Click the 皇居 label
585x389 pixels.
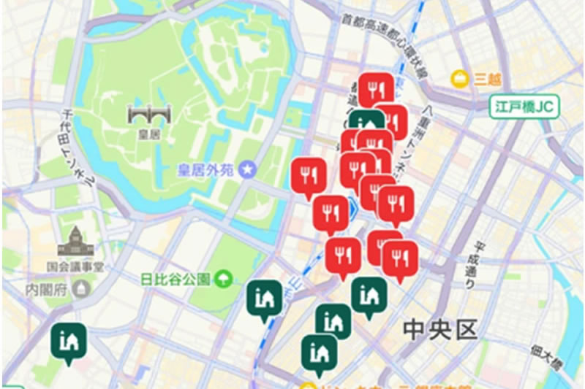[x=148, y=134]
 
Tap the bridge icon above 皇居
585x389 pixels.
[x=148, y=115]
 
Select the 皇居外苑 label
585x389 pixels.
[x=205, y=170]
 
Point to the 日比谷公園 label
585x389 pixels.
[x=176, y=278]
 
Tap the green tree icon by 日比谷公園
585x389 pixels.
[x=223, y=278]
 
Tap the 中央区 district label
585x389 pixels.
[x=440, y=329]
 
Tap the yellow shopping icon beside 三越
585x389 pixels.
[x=460, y=77]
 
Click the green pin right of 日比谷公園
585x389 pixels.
[x=264, y=298]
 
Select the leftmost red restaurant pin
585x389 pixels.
[x=309, y=175]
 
